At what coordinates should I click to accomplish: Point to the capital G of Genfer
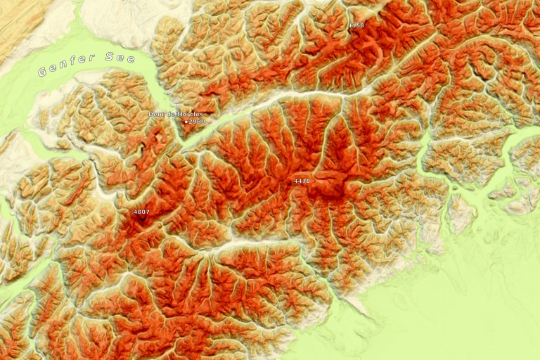tap(43, 72)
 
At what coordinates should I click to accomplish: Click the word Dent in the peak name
tap(156, 114)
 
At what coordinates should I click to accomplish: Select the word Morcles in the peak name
tap(190, 114)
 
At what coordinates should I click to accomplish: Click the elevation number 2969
tap(197, 122)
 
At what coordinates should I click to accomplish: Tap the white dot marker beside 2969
tap(186, 122)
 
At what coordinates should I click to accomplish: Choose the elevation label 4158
tap(356, 25)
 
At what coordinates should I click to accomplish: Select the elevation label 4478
tap(302, 181)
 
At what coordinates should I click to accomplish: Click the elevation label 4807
tap(141, 212)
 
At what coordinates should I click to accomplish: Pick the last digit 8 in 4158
tap(362, 25)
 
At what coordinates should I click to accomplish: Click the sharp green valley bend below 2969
tap(184, 146)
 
